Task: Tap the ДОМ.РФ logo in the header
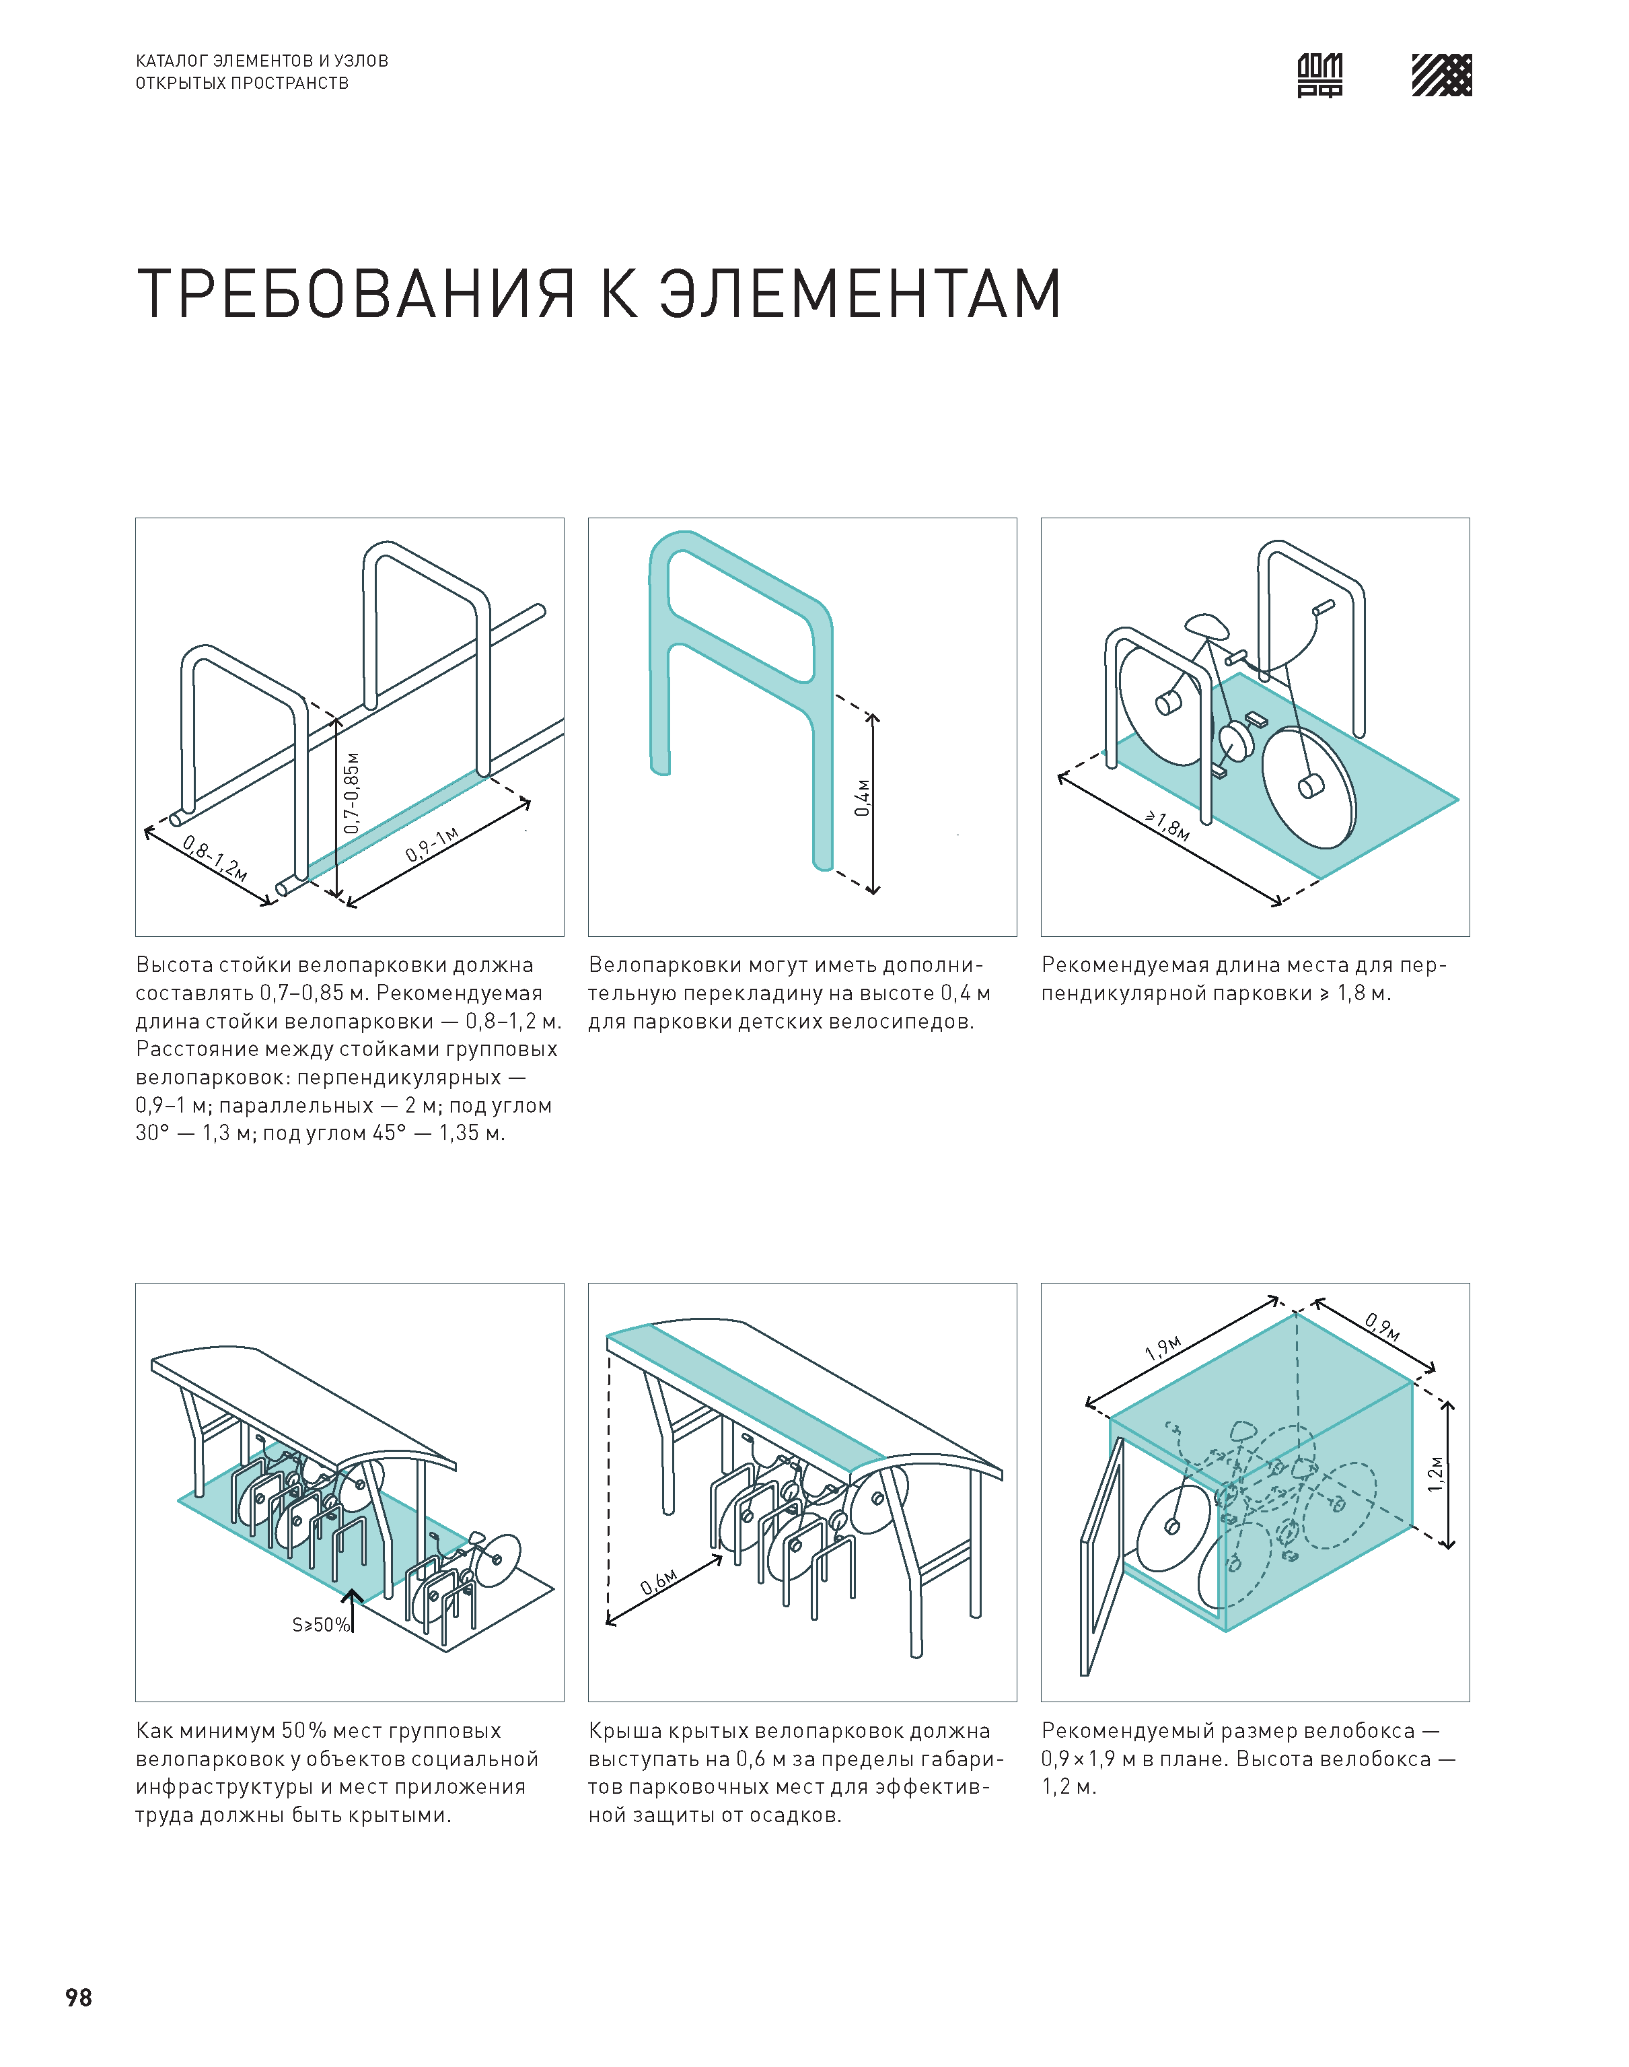pyautogui.click(x=1320, y=75)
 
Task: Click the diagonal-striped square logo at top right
pyautogui.click(x=1441, y=75)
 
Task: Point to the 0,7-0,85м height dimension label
pyautogui.click(x=352, y=792)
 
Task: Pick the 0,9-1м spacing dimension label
pyautogui.click(x=432, y=844)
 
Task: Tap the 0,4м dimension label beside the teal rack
pyautogui.click(x=862, y=798)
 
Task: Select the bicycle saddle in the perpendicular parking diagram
pyautogui.click(x=1206, y=626)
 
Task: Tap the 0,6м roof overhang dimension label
pyautogui.click(x=658, y=1582)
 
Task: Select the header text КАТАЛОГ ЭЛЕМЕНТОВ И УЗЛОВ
pyautogui.click(x=261, y=60)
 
